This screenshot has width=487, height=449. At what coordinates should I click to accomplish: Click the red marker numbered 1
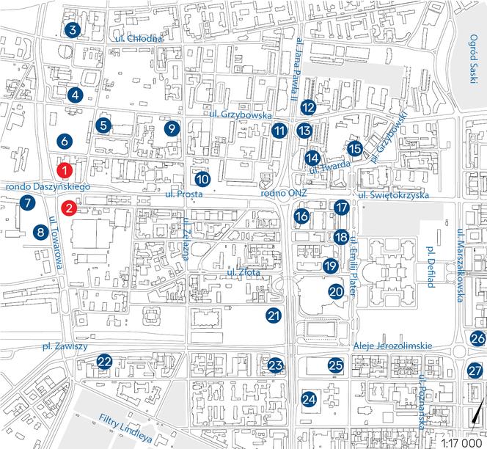point(65,170)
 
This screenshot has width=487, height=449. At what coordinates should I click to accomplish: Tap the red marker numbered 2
point(68,208)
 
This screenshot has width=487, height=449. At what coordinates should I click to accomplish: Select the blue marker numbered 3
point(71,30)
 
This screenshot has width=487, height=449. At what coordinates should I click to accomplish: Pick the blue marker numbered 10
point(202,179)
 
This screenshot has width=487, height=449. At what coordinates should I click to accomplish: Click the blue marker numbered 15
point(355,149)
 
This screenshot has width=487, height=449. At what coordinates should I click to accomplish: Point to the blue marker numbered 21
point(274,316)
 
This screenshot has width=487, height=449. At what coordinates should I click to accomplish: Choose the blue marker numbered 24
point(310,399)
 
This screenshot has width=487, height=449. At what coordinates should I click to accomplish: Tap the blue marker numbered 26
point(477,338)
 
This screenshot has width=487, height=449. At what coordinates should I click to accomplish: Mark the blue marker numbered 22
point(105,361)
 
